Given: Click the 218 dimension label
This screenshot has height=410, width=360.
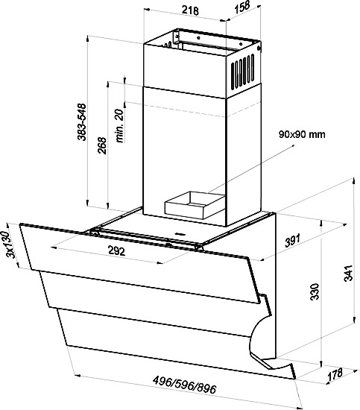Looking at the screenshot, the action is click(x=190, y=10).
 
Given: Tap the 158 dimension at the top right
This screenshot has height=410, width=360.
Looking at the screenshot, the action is click(x=242, y=7).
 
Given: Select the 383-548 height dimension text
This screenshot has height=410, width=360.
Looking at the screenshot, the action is click(x=82, y=122).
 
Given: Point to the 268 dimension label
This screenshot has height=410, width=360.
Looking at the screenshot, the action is click(x=102, y=145).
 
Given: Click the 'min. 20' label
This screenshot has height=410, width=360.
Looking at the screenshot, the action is click(x=119, y=126).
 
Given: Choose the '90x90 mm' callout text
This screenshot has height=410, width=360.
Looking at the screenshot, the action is click(x=302, y=134).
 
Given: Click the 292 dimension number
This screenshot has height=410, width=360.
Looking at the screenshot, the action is click(x=116, y=251).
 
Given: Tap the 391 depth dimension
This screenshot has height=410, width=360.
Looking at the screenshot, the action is click(x=293, y=241).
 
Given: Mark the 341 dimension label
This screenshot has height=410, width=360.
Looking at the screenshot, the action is click(x=349, y=273).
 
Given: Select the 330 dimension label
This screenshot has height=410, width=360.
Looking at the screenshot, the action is click(x=315, y=291).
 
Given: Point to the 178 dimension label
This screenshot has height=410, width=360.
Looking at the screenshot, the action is click(x=335, y=375).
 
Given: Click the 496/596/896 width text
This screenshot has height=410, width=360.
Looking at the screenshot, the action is click(x=184, y=384).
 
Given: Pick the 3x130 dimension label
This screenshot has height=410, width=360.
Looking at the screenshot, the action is click(x=10, y=245).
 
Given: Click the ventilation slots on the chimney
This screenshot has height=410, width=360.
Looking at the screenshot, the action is click(x=243, y=72).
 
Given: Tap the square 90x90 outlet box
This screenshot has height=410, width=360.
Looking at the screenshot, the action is click(x=195, y=205).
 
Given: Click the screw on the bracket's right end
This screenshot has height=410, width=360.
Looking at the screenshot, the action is click(x=259, y=48).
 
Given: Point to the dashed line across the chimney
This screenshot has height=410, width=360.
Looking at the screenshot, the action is click(x=194, y=109).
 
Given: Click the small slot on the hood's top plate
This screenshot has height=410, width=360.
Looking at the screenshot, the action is click(x=179, y=233).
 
